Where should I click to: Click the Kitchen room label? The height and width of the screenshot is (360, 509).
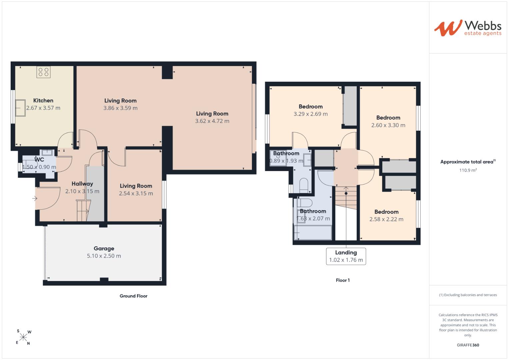tap(43, 100)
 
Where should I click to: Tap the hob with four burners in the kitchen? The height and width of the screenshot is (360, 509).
tap(43, 72)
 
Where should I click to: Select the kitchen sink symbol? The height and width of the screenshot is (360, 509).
tap(20, 108)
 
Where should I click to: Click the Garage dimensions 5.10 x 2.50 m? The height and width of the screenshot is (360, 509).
tap(104, 256)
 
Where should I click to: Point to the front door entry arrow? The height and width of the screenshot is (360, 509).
tap(35, 198)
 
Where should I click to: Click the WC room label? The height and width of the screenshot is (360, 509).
tap(39, 160)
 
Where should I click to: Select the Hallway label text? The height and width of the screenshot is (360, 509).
tap(82, 184)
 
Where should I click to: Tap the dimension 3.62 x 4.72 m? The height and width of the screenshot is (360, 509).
tap(212, 121)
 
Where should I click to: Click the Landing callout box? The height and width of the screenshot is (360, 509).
tap(346, 256)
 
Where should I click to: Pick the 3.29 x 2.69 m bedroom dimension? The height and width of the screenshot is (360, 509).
tap(311, 114)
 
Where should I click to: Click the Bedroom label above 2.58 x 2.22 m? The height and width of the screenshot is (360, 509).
tap(386, 212)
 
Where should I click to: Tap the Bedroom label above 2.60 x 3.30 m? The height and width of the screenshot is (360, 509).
tap(388, 118)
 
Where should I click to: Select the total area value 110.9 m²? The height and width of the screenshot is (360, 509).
tap(468, 170)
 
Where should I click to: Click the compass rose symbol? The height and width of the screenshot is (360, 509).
tap(23, 337)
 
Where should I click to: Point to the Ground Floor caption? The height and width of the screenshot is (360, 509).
tap(133, 296)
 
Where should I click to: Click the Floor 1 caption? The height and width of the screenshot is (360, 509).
tap(343, 280)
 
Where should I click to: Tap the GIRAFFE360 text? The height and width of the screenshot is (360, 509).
tap(468, 345)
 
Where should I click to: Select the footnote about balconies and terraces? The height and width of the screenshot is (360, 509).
tap(468, 295)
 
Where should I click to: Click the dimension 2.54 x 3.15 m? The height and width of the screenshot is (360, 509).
tap(136, 193)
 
